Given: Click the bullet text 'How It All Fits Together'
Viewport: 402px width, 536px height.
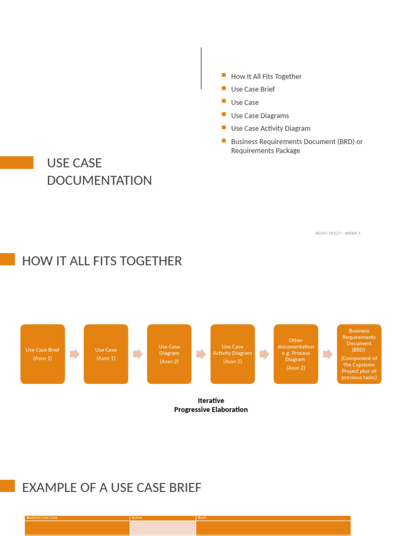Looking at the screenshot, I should [x=266, y=76].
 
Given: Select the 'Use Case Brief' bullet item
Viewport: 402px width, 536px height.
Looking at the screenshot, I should [x=253, y=89].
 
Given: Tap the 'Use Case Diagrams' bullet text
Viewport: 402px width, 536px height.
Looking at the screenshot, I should [x=260, y=116].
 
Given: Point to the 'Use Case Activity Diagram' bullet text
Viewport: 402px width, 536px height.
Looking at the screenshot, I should [x=271, y=128].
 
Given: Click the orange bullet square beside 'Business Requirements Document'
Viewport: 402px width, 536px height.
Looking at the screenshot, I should [x=224, y=141].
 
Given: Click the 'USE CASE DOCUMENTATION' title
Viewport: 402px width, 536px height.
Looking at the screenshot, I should [x=99, y=172].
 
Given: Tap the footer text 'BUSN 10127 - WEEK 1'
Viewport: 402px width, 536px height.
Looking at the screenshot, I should [x=338, y=233].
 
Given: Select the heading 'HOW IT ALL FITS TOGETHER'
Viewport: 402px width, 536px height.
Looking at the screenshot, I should [x=102, y=261].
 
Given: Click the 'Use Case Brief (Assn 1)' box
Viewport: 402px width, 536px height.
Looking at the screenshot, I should [x=43, y=354].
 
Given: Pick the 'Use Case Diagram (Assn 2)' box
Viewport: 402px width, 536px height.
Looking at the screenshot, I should [x=169, y=354].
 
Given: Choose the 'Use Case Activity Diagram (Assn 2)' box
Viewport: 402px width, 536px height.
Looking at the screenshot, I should [x=232, y=354].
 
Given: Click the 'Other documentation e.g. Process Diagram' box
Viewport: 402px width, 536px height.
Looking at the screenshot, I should [x=296, y=354].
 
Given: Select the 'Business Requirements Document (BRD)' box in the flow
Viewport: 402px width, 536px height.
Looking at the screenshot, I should [x=359, y=354].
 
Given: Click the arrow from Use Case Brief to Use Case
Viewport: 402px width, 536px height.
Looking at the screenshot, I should [x=74, y=354].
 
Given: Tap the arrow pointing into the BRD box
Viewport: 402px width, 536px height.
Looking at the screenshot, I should [x=328, y=354].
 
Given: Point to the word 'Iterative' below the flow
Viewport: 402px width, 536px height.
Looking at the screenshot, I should [x=211, y=401].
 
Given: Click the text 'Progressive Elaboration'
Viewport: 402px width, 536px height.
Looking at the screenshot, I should [x=211, y=410].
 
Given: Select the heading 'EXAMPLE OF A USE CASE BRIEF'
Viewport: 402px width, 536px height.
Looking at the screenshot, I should [x=111, y=488].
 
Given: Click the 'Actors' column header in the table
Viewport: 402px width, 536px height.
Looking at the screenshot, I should [x=137, y=518].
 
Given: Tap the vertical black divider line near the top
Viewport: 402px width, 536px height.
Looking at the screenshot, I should [x=201, y=68].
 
